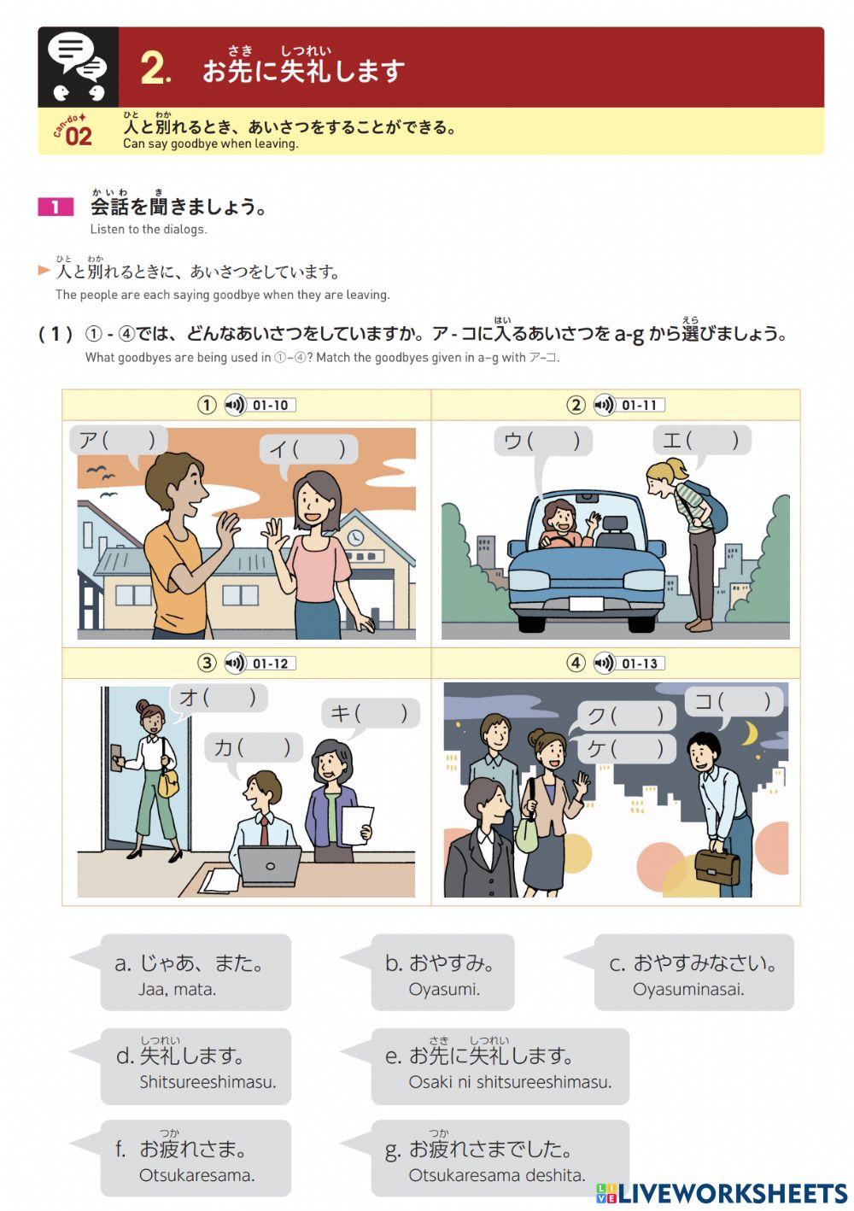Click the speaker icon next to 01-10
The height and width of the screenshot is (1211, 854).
pyautogui.click(x=235, y=405)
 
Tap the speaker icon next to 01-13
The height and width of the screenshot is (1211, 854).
pyautogui.click(x=605, y=664)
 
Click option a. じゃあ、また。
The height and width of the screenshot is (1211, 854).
pyautogui.click(x=196, y=972)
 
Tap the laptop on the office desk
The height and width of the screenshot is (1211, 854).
pyautogui.click(x=270, y=865)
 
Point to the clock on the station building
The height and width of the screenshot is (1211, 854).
pyautogui.click(x=354, y=538)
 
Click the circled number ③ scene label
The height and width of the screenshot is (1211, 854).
pyautogui.click(x=208, y=664)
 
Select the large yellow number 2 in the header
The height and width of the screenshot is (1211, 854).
pyautogui.click(x=155, y=68)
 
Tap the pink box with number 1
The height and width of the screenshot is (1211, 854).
pyautogui.click(x=56, y=207)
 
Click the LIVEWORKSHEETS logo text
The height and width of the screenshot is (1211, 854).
pyautogui.click(x=731, y=1193)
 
